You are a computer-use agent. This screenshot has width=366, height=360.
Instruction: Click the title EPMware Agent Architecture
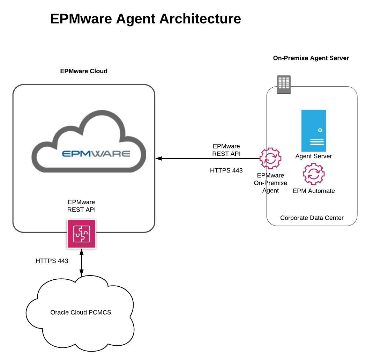[145, 19]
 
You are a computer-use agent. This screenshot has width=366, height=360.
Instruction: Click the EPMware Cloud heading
[84, 71]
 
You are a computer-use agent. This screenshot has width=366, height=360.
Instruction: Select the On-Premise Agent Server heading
[311, 58]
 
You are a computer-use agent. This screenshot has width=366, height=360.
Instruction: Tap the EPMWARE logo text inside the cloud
[96, 154]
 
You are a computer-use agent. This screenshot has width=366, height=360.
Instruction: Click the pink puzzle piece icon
[81, 234]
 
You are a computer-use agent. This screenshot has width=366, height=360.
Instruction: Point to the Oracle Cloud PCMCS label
[81, 312]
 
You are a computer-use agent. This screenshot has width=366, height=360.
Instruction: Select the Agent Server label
[313, 156]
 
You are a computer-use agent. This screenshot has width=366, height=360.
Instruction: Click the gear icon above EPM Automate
[313, 174]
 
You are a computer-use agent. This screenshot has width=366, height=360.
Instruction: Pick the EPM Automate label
[314, 191]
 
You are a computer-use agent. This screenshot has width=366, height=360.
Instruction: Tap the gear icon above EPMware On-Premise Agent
[270, 159]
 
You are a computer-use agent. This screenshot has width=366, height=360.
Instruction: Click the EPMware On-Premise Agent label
[270, 183]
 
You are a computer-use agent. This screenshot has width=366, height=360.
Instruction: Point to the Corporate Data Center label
[312, 218]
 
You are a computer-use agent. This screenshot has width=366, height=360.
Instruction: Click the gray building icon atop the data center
[284, 85]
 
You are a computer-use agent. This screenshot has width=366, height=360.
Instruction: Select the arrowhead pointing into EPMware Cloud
[159, 159]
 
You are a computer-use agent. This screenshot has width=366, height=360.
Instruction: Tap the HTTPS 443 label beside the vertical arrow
[52, 261]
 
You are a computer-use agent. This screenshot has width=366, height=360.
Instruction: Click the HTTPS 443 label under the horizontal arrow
[226, 170]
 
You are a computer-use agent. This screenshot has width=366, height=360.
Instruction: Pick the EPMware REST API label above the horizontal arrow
[226, 150]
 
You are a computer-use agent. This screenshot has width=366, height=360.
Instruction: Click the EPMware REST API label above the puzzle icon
[81, 206]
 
